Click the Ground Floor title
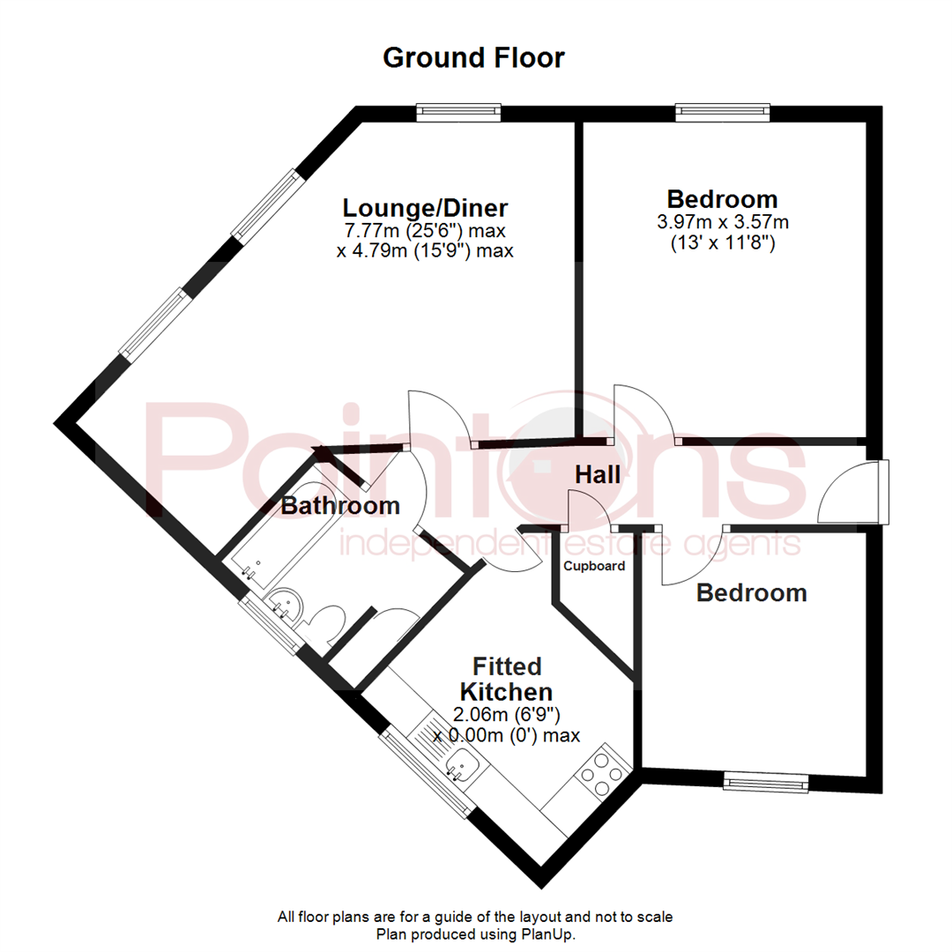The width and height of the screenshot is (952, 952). coord(473,58)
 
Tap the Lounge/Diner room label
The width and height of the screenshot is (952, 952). coord(425,208)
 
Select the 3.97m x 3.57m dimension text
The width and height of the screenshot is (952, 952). coord(723,222)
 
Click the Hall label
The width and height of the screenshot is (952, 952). coord(598,475)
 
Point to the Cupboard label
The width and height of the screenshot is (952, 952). coord(594,566)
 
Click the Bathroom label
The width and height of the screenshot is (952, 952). coord(340,506)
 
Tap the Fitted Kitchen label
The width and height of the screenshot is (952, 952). coord(506,679)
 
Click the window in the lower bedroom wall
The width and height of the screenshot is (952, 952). coord(766,782)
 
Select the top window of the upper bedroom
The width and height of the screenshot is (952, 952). coord(723,113)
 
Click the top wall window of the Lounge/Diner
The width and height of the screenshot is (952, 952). coord(459,112)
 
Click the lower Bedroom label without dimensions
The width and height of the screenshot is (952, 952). coord(752,593)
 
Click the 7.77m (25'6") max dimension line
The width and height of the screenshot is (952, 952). coord(425,231)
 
